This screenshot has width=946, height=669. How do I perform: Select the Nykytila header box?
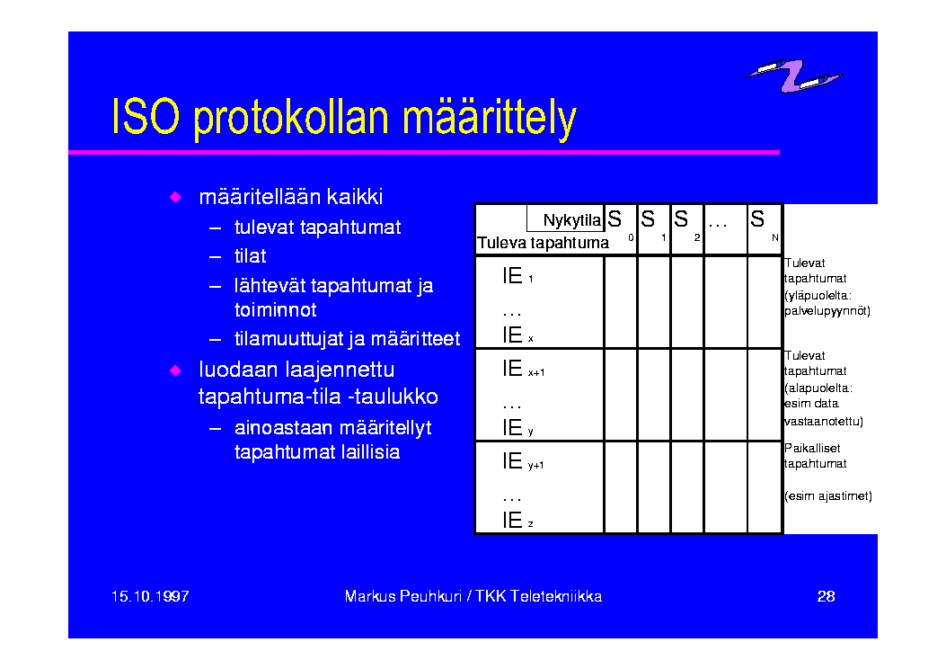point(565,219)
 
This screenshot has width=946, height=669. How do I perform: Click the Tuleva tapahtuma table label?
point(543,243)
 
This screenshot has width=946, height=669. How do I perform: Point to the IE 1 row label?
point(517,276)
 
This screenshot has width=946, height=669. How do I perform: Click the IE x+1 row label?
point(524,369)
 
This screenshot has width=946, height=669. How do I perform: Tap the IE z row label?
point(517,520)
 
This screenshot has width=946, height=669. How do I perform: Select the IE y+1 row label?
point(523,461)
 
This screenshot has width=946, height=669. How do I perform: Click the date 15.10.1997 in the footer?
point(150,596)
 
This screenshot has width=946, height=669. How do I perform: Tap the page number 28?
point(826,596)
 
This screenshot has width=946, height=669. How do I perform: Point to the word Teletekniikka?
point(556,596)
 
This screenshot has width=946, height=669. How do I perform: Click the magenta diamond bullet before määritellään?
point(175,197)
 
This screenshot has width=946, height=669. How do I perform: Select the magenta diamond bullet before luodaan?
point(175,370)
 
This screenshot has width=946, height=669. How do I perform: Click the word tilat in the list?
point(250,256)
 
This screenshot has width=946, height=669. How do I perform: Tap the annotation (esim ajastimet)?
point(827,496)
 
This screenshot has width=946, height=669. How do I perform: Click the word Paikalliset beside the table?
point(812,448)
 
